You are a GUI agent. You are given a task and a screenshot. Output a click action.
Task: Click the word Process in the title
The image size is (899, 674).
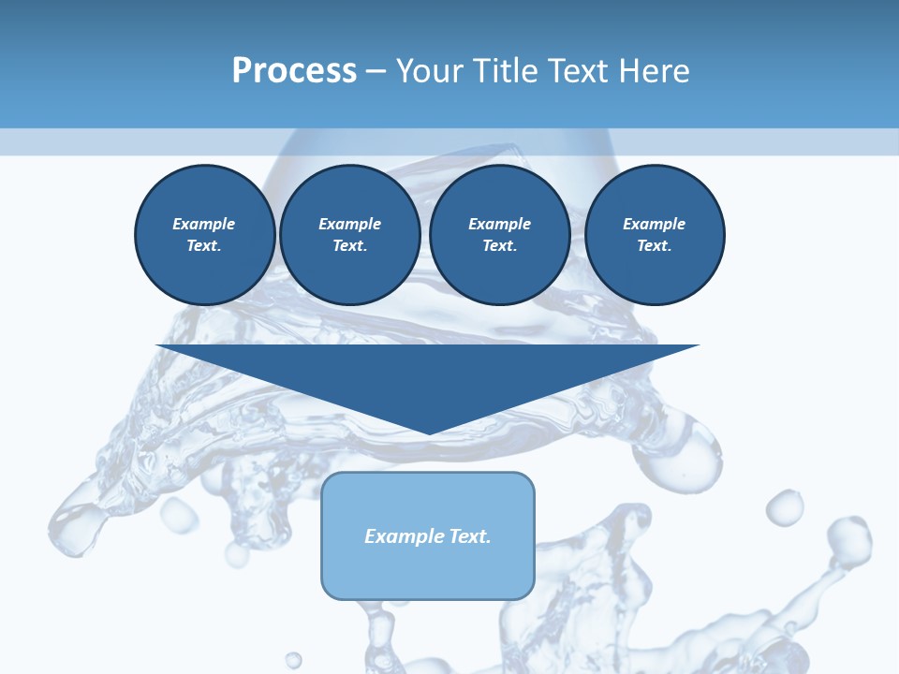click(294, 71)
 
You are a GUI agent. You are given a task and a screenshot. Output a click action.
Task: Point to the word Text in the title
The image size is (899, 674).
click(579, 71)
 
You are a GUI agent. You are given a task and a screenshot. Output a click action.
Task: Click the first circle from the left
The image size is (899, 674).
click(204, 235)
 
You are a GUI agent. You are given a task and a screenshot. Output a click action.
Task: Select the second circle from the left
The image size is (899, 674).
click(349, 235)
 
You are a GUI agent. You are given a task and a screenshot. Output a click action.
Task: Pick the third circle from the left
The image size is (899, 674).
click(499, 235)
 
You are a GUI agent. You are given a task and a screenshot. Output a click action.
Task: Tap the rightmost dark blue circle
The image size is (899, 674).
click(654, 235)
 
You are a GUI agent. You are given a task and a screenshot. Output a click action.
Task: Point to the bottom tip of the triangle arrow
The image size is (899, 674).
click(429, 432)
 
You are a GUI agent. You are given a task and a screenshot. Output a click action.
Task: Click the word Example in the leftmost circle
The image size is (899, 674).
click(204, 224)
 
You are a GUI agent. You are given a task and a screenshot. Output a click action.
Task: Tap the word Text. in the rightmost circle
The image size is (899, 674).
click(654, 246)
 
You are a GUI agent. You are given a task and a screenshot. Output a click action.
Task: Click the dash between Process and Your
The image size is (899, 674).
click(376, 71)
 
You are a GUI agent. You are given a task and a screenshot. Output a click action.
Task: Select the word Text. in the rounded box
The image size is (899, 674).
click(469, 536)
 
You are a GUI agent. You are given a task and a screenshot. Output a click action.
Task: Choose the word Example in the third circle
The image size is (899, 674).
click(499, 224)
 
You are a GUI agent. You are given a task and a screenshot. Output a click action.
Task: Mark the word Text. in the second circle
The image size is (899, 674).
click(349, 246)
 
